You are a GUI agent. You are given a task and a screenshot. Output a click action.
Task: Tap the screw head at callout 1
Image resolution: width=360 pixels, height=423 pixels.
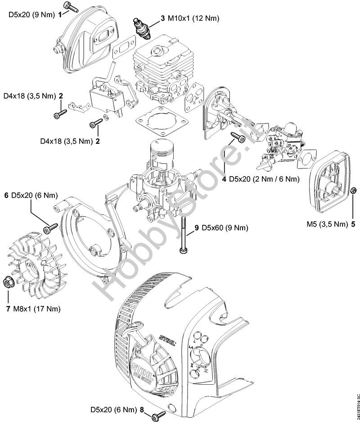(x=69, y=6)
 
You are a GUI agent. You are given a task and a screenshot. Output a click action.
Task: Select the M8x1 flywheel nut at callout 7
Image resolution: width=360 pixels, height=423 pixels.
(x=8, y=282)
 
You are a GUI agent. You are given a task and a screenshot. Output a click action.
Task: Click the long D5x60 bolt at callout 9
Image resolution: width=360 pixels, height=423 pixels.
(x=183, y=234)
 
